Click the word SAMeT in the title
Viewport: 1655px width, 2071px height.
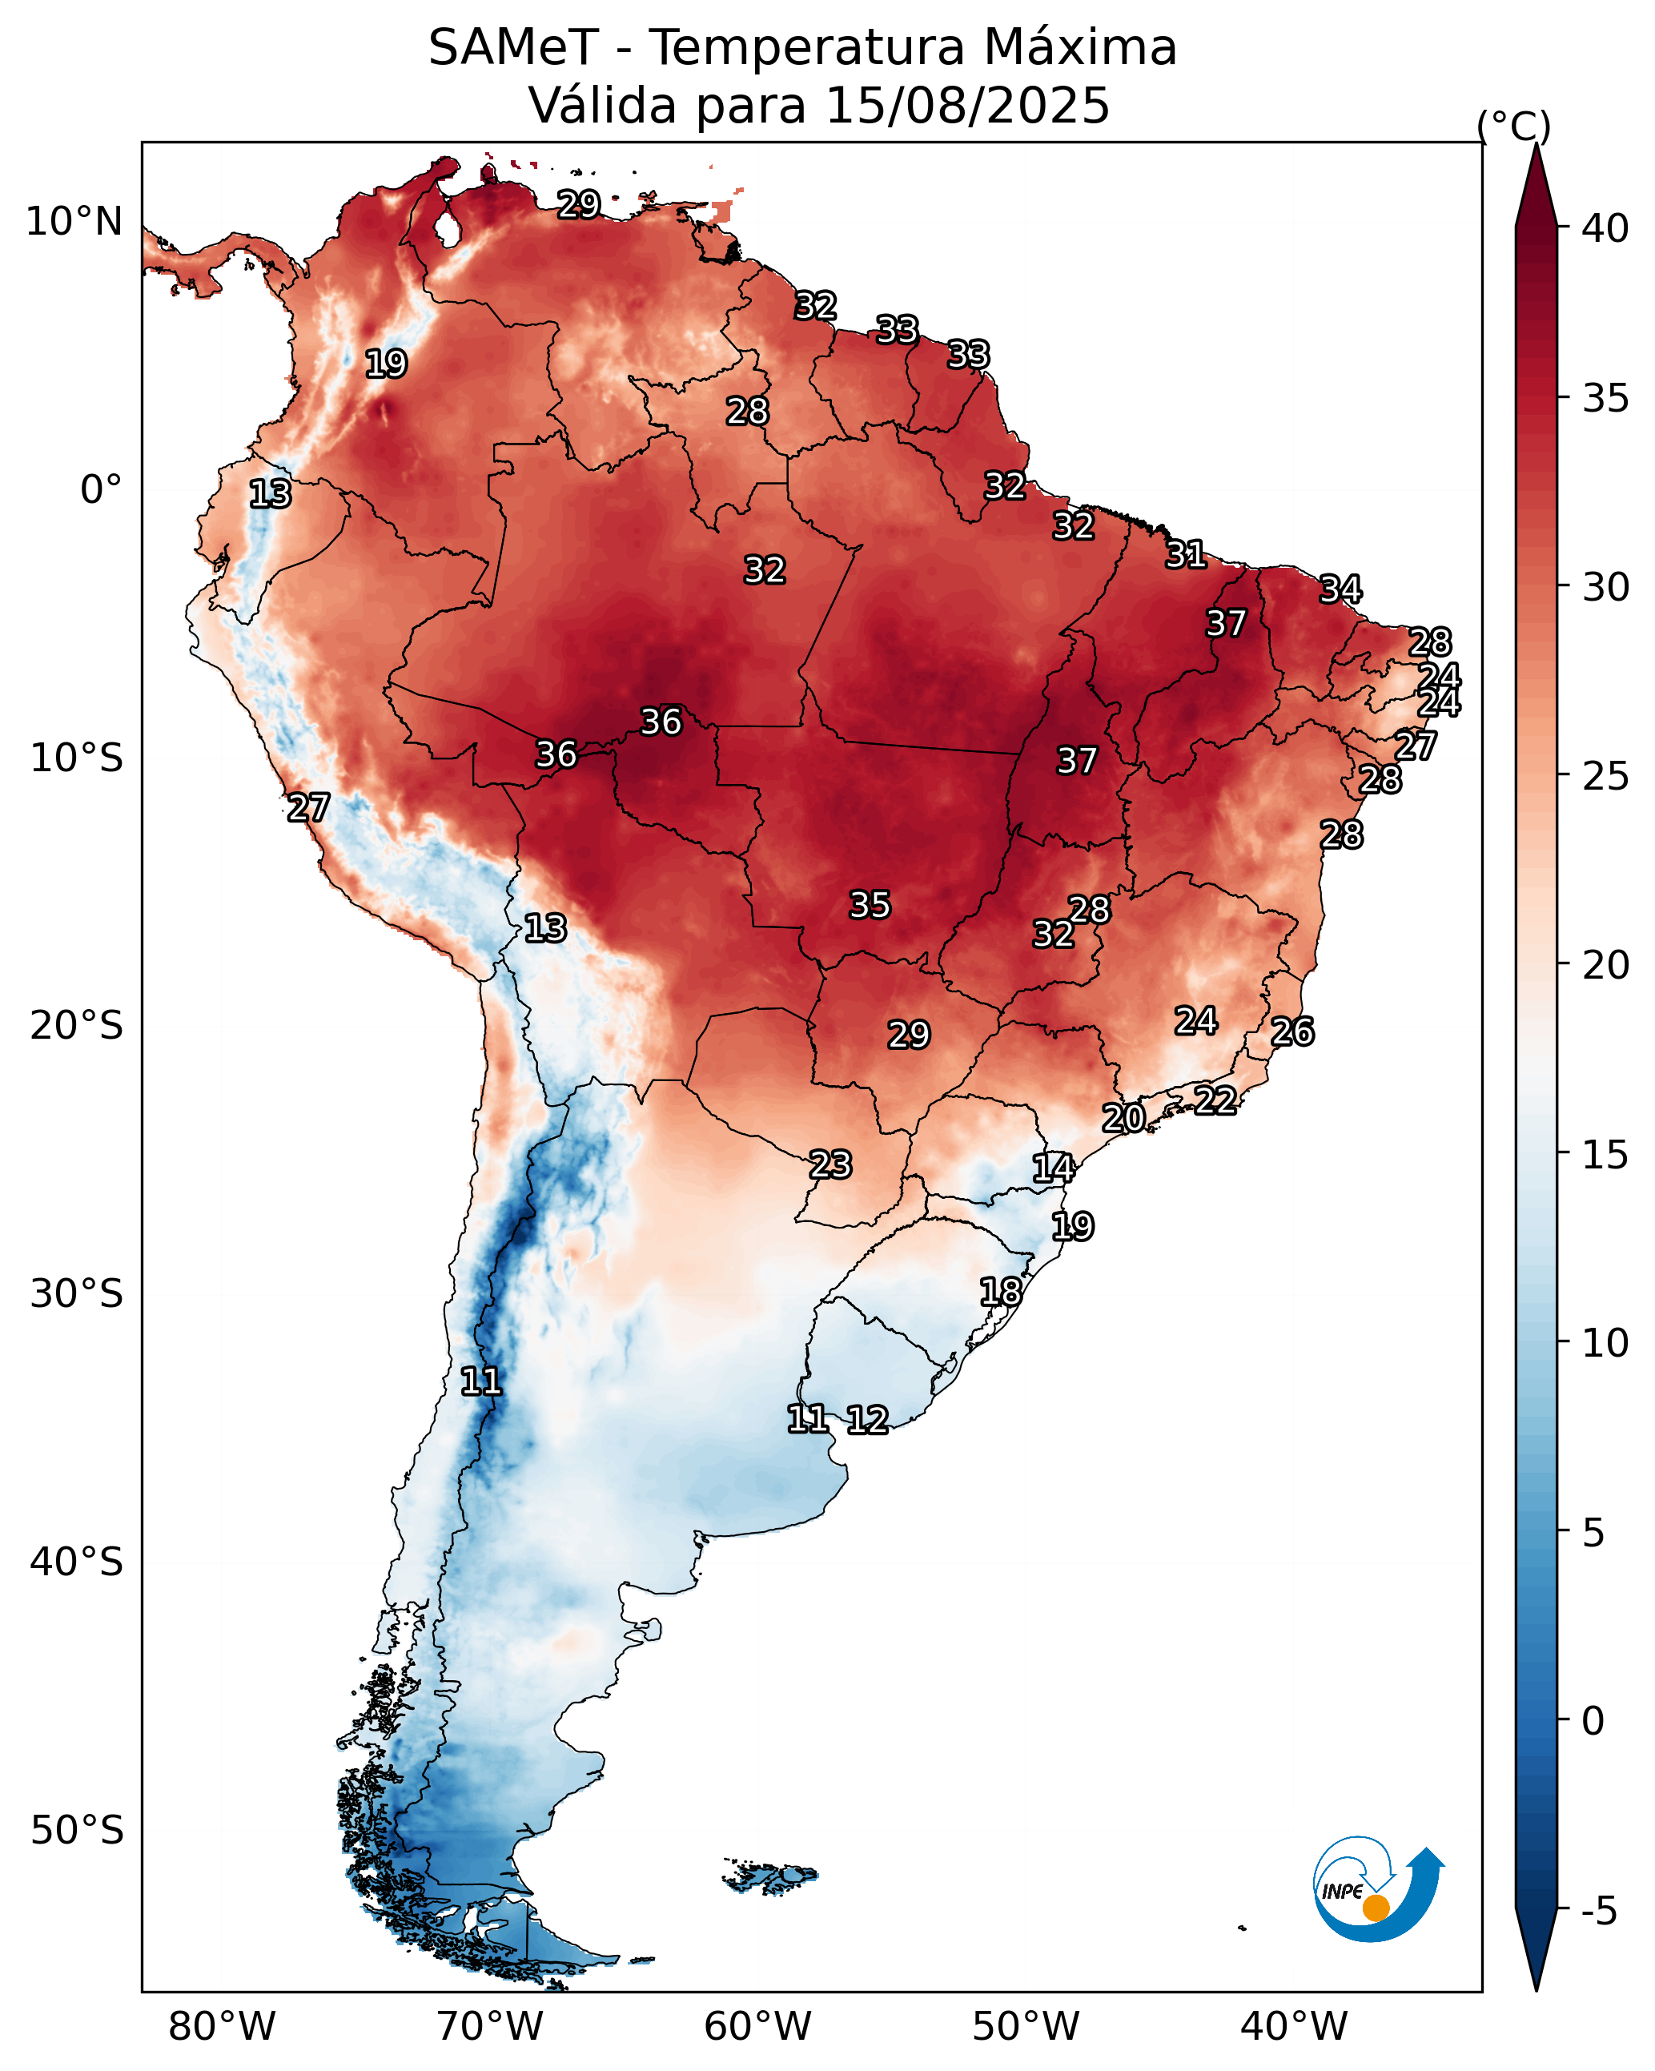click(514, 47)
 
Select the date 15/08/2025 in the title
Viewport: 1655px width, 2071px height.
click(967, 105)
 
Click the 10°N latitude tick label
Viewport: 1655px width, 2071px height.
click(74, 222)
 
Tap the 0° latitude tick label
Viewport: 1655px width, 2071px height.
click(102, 490)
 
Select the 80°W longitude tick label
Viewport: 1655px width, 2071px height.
click(222, 2026)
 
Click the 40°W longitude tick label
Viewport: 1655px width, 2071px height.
click(1294, 2026)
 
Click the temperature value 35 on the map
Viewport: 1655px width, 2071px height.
click(870, 904)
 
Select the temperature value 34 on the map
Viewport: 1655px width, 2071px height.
click(1340, 589)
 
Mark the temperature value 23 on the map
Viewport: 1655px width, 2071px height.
click(830, 1164)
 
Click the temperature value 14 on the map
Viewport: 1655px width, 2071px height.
click(1053, 1168)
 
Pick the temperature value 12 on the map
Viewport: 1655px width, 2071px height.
click(866, 1420)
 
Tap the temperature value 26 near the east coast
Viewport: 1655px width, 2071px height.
click(1292, 1031)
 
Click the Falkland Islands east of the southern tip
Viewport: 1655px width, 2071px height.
click(770, 1875)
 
